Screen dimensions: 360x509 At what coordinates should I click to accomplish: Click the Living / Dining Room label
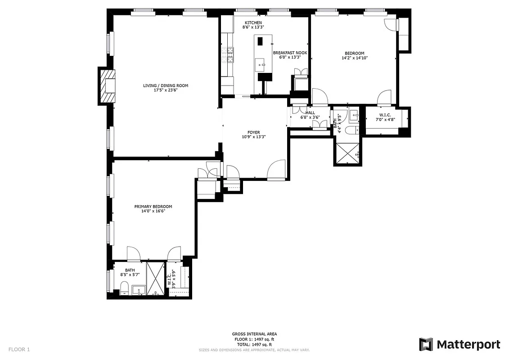pos(165,85)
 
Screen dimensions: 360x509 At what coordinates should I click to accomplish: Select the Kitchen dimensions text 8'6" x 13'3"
pos(253,27)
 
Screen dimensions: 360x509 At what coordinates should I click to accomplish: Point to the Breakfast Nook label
pos(290,53)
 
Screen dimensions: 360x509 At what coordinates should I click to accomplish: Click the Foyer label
pos(253,132)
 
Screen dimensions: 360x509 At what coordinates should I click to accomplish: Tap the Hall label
pos(310,113)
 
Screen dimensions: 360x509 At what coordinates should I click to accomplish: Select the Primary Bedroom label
pos(153,207)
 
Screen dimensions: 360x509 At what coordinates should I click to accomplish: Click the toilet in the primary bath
pos(125,287)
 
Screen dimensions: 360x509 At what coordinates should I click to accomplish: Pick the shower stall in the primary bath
pos(156,279)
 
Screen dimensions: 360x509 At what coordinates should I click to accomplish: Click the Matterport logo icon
pos(426,344)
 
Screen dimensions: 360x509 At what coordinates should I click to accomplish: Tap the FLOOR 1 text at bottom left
pos(19,349)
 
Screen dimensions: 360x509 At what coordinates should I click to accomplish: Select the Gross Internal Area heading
pos(254,334)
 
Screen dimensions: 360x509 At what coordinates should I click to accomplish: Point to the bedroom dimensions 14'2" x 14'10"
pos(355,58)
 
